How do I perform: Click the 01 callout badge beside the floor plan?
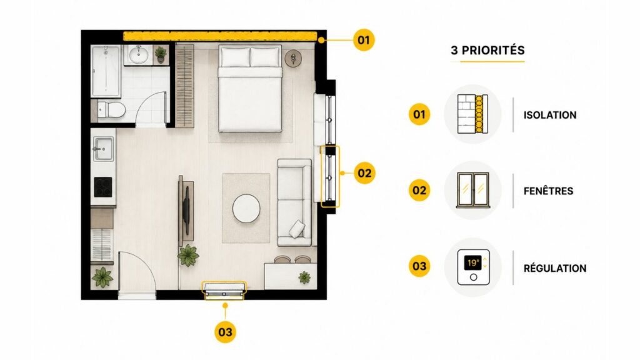coord(364,40)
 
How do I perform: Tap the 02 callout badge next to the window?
coord(364,173)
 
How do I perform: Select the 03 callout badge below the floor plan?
coord(225,332)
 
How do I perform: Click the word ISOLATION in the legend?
coord(550,115)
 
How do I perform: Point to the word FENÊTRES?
coord(548,191)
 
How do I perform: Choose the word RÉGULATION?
coord(555,268)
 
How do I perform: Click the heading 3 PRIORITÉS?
coord(487,50)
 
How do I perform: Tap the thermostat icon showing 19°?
coord(474,267)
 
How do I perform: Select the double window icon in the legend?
coord(473,190)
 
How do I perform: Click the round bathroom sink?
coord(139,55)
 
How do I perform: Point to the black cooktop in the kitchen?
coord(103,187)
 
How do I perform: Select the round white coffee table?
coord(246,208)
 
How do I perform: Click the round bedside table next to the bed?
coord(293,58)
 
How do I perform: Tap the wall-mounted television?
coord(186,211)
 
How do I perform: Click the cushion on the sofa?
coord(297,229)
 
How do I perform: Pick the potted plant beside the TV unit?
coord(188,256)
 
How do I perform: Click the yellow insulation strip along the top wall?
coord(220,36)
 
